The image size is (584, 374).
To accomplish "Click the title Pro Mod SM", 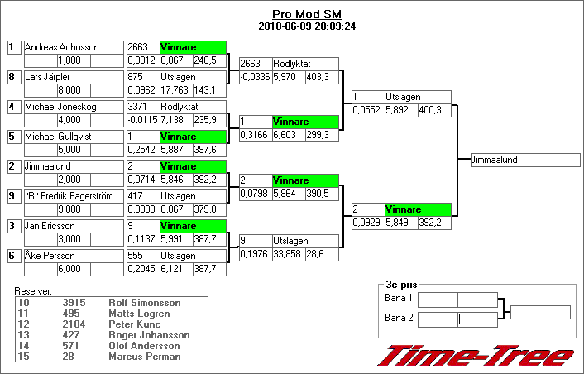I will (307, 14).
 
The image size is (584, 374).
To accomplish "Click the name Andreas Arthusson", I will (62, 47).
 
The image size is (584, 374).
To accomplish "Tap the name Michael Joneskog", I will (60, 107).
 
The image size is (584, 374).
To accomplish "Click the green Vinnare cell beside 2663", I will (192, 47).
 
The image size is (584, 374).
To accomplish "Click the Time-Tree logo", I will (476, 355).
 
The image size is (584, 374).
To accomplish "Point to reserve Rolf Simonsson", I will (144, 303).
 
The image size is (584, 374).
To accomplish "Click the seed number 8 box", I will (12, 77).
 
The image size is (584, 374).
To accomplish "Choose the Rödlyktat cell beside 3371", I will (192, 107).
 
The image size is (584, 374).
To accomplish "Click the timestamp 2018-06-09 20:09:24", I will (307, 26).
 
